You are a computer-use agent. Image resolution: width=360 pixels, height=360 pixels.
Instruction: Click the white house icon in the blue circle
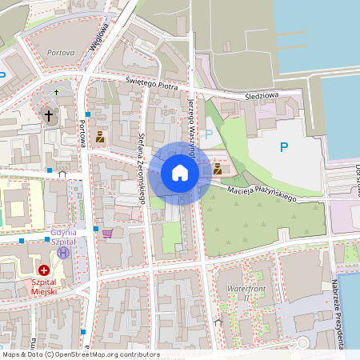click(180, 173)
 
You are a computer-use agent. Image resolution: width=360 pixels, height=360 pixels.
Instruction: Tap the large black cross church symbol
click(48, 116)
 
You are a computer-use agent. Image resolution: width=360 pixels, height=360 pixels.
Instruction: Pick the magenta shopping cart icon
click(107, 233)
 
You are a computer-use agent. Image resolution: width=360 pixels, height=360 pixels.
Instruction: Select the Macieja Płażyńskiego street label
click(262, 194)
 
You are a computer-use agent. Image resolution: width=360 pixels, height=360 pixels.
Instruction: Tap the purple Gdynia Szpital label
click(62, 237)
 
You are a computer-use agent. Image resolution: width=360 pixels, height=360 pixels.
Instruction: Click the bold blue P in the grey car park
click(282, 147)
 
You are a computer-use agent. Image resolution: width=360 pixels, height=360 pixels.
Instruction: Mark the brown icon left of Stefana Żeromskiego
click(100, 137)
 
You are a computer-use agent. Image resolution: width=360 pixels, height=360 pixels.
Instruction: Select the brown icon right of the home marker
click(217, 169)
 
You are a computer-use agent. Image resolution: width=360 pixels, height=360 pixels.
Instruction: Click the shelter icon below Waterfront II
click(218, 322)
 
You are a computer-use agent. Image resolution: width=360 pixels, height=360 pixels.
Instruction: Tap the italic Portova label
click(61, 52)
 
